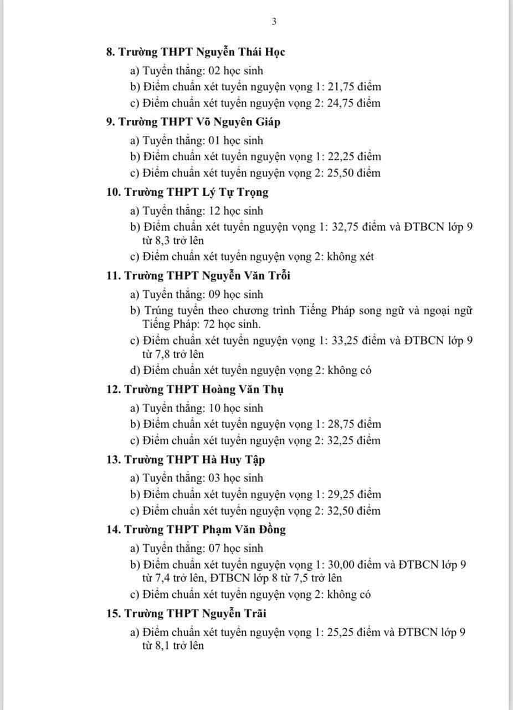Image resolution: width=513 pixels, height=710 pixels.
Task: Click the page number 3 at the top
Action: click(274, 22)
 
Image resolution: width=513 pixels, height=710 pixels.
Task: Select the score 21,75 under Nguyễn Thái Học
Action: click(343, 87)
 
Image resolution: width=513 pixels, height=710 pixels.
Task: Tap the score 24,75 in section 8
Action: click(343, 103)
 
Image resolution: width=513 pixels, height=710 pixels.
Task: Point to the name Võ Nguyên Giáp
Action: click(240, 122)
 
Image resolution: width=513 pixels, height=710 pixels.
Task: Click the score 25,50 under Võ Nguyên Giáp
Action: click(343, 173)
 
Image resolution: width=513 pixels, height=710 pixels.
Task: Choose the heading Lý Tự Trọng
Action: click(235, 192)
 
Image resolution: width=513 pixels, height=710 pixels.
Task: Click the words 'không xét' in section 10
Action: click(350, 256)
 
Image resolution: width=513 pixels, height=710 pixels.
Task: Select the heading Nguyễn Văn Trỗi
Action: click(247, 276)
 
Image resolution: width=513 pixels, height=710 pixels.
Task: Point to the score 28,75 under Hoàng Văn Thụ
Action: click(343, 424)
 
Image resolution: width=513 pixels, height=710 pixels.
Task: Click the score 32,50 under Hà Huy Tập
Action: click(343, 510)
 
